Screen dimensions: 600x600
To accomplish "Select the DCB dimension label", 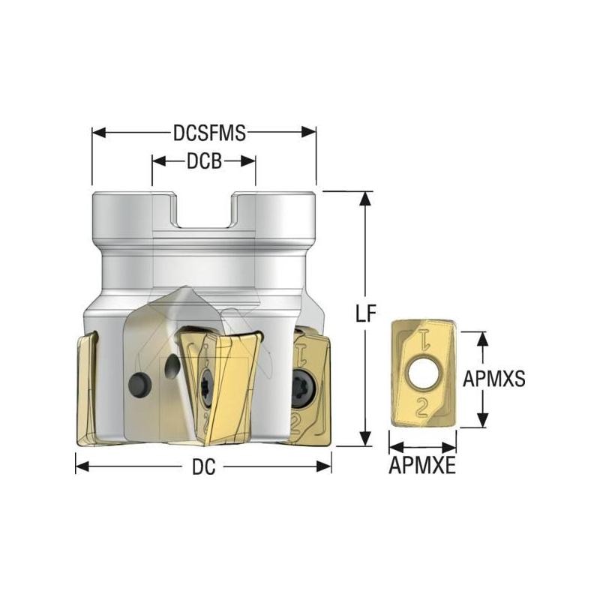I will (x=204, y=161).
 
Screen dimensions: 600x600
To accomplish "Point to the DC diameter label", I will (x=203, y=467).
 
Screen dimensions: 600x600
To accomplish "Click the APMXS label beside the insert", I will (x=493, y=379).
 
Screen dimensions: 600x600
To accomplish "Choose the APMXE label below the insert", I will (x=422, y=467).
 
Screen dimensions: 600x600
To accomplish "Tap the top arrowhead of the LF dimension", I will (x=365, y=197).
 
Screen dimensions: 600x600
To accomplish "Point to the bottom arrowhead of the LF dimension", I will (x=365, y=440).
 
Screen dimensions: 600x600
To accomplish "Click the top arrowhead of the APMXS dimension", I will (x=484, y=337).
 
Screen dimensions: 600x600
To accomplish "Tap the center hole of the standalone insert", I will (x=422, y=372).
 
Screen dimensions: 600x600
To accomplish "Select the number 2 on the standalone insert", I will (x=423, y=406).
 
